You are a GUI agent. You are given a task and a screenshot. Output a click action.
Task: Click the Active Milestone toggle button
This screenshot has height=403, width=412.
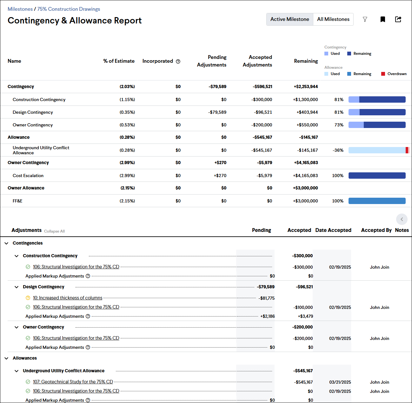(289, 19)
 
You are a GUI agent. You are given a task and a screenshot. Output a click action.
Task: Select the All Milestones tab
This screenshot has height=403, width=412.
(333, 19)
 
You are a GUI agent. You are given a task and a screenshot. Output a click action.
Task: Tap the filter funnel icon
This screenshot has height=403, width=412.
(365, 20)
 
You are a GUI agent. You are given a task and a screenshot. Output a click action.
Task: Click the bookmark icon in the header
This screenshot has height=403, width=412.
(383, 20)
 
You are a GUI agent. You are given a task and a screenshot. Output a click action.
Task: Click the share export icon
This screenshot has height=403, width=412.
(398, 19)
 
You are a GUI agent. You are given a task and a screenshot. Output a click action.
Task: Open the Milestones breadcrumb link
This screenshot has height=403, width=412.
(20, 9)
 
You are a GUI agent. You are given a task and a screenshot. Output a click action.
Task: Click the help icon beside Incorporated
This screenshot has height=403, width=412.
(178, 61)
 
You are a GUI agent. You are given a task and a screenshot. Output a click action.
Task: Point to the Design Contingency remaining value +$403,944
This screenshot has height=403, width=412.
(307, 112)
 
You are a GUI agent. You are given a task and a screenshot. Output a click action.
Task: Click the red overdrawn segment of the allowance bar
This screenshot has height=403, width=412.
(407, 150)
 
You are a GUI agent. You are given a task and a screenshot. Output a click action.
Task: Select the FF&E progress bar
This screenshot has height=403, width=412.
(377, 201)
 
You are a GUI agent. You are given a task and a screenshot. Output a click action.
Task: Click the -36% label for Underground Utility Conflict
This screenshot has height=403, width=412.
(338, 150)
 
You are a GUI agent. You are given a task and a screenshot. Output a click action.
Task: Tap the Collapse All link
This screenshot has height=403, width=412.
(54, 231)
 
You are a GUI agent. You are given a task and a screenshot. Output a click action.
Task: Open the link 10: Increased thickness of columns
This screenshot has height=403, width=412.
(68, 298)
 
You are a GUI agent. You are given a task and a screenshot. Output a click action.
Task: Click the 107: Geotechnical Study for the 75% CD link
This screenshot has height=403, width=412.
(73, 382)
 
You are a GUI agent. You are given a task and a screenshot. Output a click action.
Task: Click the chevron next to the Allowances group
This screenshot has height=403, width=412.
(6, 358)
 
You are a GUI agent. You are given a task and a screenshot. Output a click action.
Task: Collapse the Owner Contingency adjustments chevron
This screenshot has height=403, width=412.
(17, 327)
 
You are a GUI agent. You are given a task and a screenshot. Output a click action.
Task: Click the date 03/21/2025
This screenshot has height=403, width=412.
(340, 382)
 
